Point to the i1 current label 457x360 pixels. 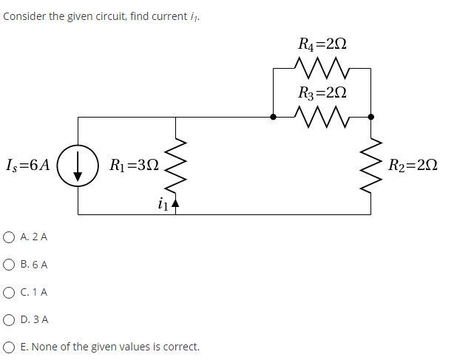pyautogui.click(x=163, y=204)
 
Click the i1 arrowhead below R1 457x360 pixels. pyautogui.click(x=175, y=202)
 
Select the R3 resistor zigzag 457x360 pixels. pyautogui.click(x=322, y=116)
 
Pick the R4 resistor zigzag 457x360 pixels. pyautogui.click(x=322, y=69)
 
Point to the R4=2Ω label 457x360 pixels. pyautogui.click(x=322, y=44)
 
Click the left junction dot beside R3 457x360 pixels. pyautogui.click(x=273, y=117)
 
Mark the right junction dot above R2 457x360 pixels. pyautogui.click(x=370, y=117)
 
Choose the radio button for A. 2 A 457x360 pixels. pyautogui.click(x=9, y=237)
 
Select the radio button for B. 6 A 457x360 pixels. pyautogui.click(x=9, y=265)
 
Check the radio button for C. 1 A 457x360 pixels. pyautogui.click(x=9, y=292)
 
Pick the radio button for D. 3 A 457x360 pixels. pyautogui.click(x=9, y=319)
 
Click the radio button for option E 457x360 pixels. pyautogui.click(x=9, y=347)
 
